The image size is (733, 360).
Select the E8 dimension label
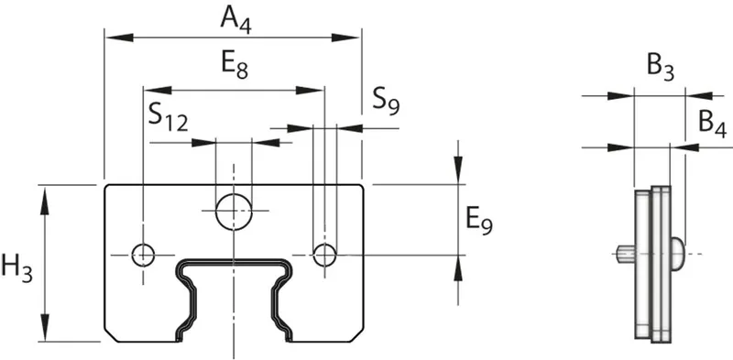[235, 65]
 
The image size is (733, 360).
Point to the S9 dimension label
[386, 102]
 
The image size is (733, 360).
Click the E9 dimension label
[479, 220]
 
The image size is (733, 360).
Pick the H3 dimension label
[17, 269]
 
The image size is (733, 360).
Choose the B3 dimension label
[661, 69]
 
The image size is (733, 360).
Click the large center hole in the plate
[234, 212]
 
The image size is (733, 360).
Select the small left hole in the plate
[143, 255]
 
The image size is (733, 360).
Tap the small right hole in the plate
[324, 255]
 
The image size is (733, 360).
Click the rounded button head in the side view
[678, 254]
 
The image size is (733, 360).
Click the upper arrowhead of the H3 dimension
[44, 200]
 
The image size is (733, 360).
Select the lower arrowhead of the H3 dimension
[44, 327]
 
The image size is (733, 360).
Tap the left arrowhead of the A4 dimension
[119, 38]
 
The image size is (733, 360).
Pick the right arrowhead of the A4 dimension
[346, 38]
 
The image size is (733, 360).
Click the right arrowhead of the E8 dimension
[310, 91]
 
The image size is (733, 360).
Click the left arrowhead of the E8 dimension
[158, 91]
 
